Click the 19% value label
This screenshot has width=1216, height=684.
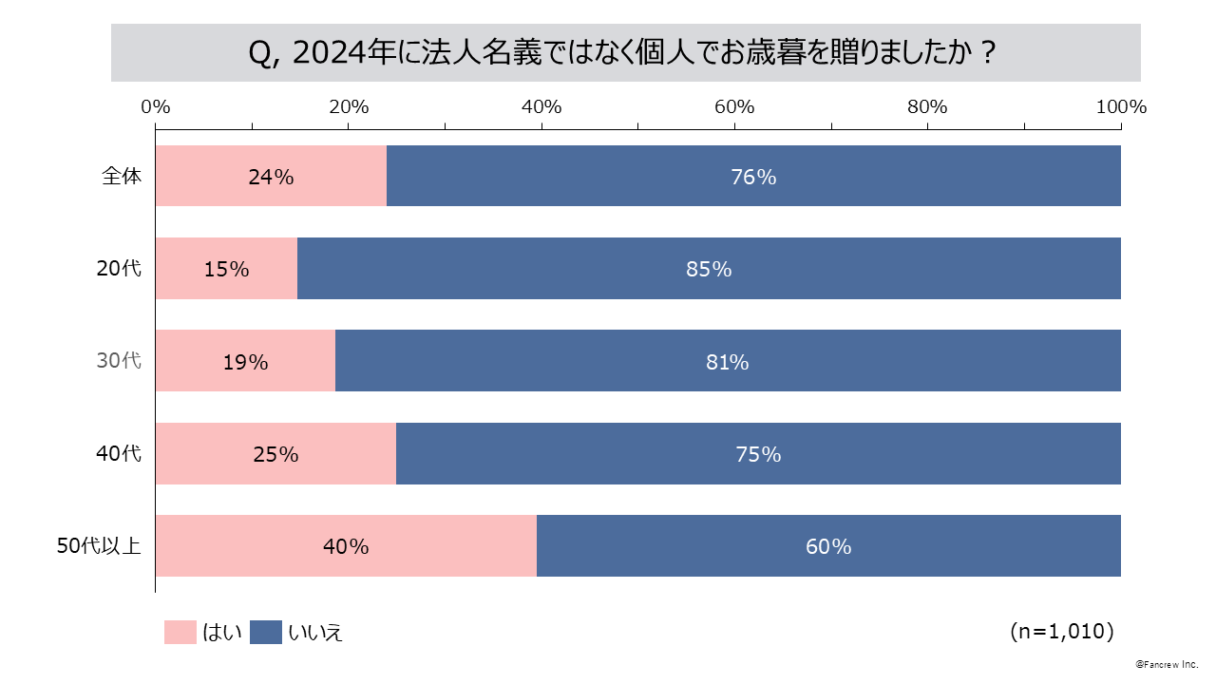click(245, 362)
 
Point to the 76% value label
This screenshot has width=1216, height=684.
click(753, 177)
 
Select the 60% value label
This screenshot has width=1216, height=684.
click(828, 546)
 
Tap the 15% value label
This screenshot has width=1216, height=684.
click(226, 269)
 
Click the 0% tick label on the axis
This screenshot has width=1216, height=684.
click(155, 106)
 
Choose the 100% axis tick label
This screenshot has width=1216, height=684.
click(1121, 106)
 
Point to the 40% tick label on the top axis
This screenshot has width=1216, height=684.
click(541, 106)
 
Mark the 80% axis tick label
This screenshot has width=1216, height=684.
click(927, 106)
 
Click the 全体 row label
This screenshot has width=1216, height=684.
click(123, 176)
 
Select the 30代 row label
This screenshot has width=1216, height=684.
click(119, 361)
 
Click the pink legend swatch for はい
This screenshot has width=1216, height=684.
click(180, 632)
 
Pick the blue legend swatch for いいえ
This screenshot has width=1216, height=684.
click(266, 632)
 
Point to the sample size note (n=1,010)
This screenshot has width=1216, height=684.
click(1062, 631)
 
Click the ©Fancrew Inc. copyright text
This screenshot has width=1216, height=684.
click(1167, 663)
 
